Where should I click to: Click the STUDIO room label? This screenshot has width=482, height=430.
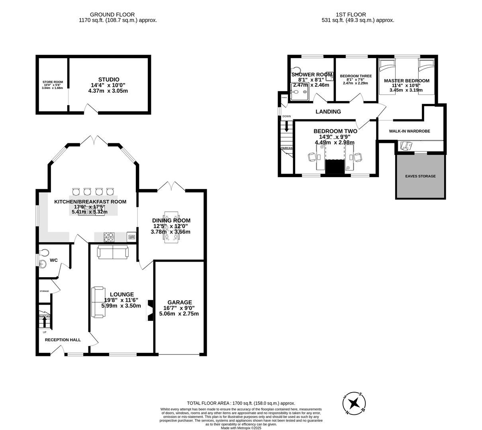click(x=109, y=80)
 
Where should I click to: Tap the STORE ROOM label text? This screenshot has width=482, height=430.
click(x=53, y=82)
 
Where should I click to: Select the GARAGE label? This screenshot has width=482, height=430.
click(x=180, y=302)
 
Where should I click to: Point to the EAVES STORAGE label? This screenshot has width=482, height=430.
click(x=420, y=176)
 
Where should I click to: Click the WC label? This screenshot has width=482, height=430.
click(x=54, y=260)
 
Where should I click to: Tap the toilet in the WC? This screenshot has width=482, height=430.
click(x=45, y=252)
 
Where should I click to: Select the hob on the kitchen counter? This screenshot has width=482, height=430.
click(x=109, y=237)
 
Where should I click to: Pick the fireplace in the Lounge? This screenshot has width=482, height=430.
click(x=149, y=310)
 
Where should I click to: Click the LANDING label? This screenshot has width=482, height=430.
click(x=328, y=111)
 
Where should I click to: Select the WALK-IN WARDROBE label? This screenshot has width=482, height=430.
click(x=410, y=131)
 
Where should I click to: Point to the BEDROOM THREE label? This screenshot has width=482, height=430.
click(x=356, y=76)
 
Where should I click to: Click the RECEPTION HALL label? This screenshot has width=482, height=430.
click(x=63, y=340)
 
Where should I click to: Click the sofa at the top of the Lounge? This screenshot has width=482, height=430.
click(x=113, y=252)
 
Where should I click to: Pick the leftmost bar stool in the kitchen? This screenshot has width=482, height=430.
click(x=76, y=192)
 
